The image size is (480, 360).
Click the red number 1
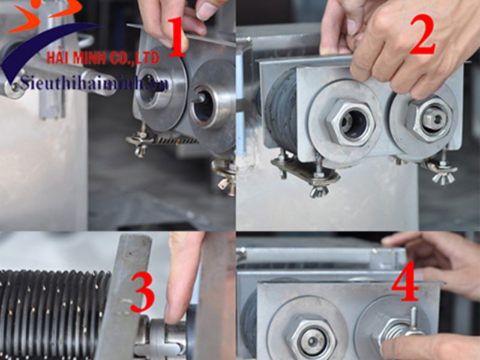(175, 37)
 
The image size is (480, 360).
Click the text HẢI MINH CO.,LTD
(103, 58)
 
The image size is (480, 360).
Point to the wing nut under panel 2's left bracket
(319, 190)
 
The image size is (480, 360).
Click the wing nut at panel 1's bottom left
(139, 144)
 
